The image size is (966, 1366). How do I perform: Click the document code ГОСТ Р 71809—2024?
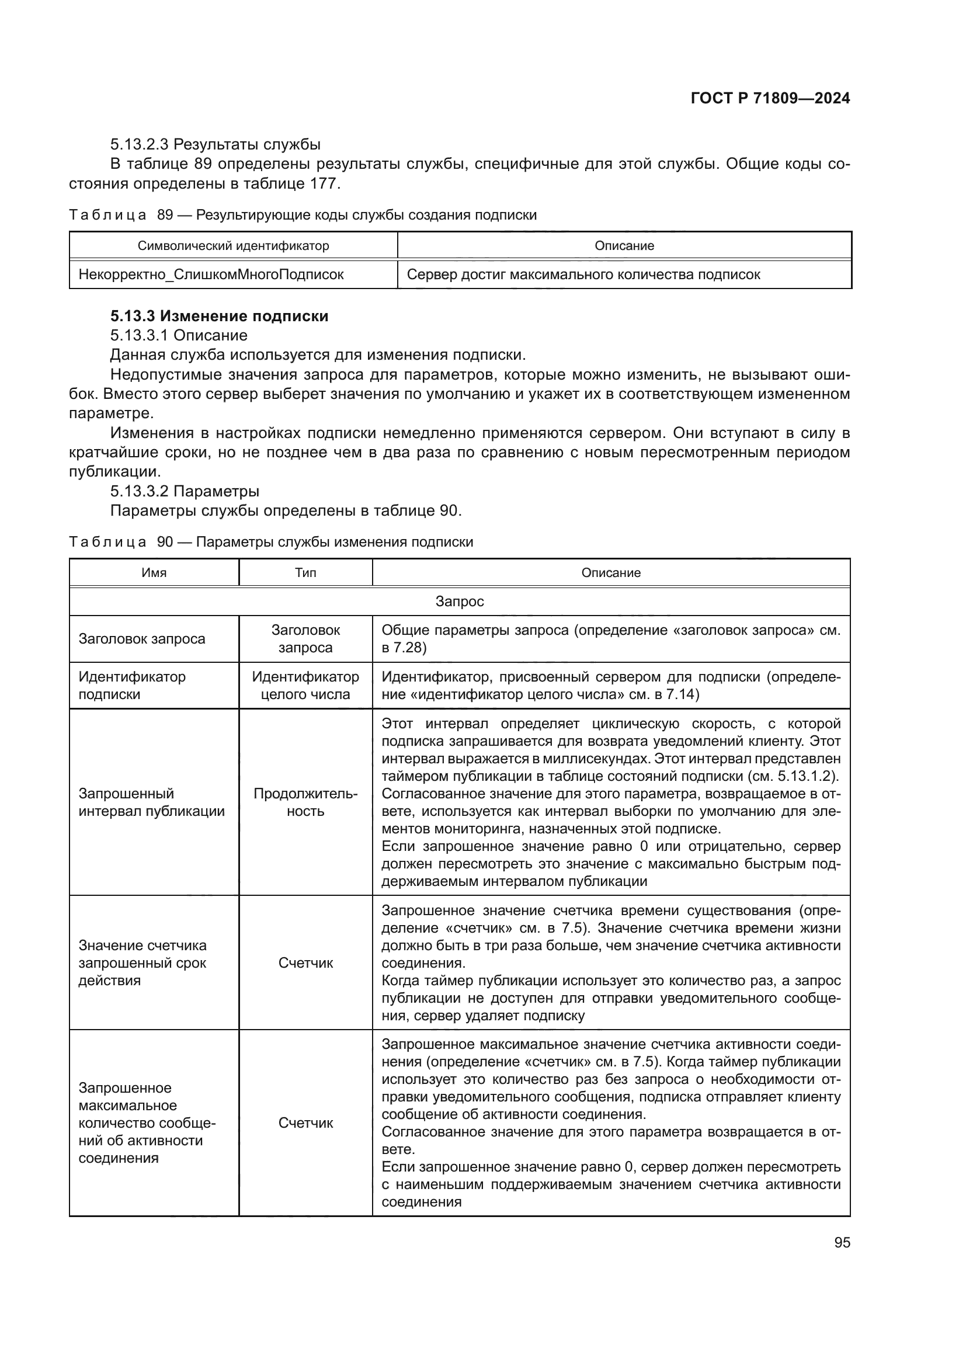pyautogui.click(x=770, y=99)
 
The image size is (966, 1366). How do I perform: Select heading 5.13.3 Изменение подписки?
pyautogui.click(x=220, y=316)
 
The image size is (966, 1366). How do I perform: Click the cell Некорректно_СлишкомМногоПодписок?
pyautogui.click(x=211, y=274)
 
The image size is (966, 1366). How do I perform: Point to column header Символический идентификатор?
pyautogui.click(x=233, y=246)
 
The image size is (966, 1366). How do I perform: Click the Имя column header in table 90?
pyautogui.click(x=154, y=573)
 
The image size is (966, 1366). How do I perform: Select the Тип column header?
pyautogui.click(x=305, y=573)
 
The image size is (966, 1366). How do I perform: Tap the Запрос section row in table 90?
pyautogui.click(x=459, y=602)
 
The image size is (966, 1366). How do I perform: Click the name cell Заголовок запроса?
pyautogui.click(x=141, y=639)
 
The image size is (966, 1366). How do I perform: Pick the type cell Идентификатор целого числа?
pyautogui.click(x=305, y=686)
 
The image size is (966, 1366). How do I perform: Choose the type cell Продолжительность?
pyautogui.click(x=305, y=802)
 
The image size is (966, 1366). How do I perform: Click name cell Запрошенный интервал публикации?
pyautogui.click(x=152, y=802)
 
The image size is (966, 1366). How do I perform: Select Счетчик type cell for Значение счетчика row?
pyautogui.click(x=305, y=962)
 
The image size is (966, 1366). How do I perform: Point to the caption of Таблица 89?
pyautogui.click(x=303, y=215)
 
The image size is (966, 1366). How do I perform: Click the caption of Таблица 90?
pyautogui.click(x=271, y=542)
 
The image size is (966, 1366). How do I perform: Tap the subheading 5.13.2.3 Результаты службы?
pyautogui.click(x=216, y=144)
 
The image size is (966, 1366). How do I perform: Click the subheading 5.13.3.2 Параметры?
pyautogui.click(x=185, y=491)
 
